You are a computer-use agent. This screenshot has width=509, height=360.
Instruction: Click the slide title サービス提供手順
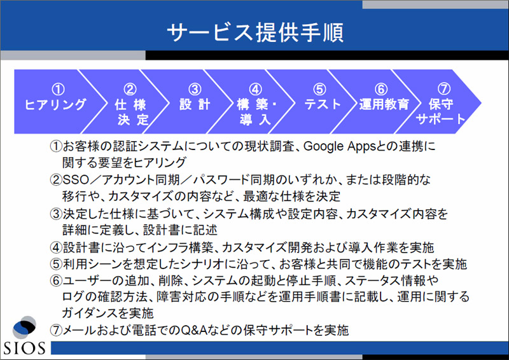[255, 32]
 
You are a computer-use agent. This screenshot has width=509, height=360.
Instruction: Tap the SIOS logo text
[24, 348]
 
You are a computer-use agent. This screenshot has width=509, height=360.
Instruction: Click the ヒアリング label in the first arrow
[55, 104]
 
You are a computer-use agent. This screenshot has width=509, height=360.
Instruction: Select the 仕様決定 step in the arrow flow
[132, 112]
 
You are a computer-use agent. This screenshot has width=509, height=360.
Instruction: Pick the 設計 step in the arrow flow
[195, 104]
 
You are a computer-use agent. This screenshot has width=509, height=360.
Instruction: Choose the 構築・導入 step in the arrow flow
[256, 112]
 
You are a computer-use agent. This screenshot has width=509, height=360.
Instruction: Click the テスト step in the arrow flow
[323, 104]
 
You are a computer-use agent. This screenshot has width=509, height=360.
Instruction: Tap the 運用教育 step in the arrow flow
[384, 104]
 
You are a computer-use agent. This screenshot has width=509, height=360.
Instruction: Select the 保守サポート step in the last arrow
[440, 111]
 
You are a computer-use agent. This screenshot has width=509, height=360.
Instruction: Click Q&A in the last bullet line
[194, 330]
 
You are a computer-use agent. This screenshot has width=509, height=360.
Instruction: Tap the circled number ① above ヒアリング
[59, 89]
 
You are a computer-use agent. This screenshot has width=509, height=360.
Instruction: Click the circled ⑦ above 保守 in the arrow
[444, 88]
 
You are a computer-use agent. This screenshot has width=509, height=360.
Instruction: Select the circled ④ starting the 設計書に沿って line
[56, 247]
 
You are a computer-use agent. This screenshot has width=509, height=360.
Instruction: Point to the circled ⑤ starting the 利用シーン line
[56, 264]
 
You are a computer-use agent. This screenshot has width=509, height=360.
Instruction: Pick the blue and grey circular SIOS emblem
[24, 327]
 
